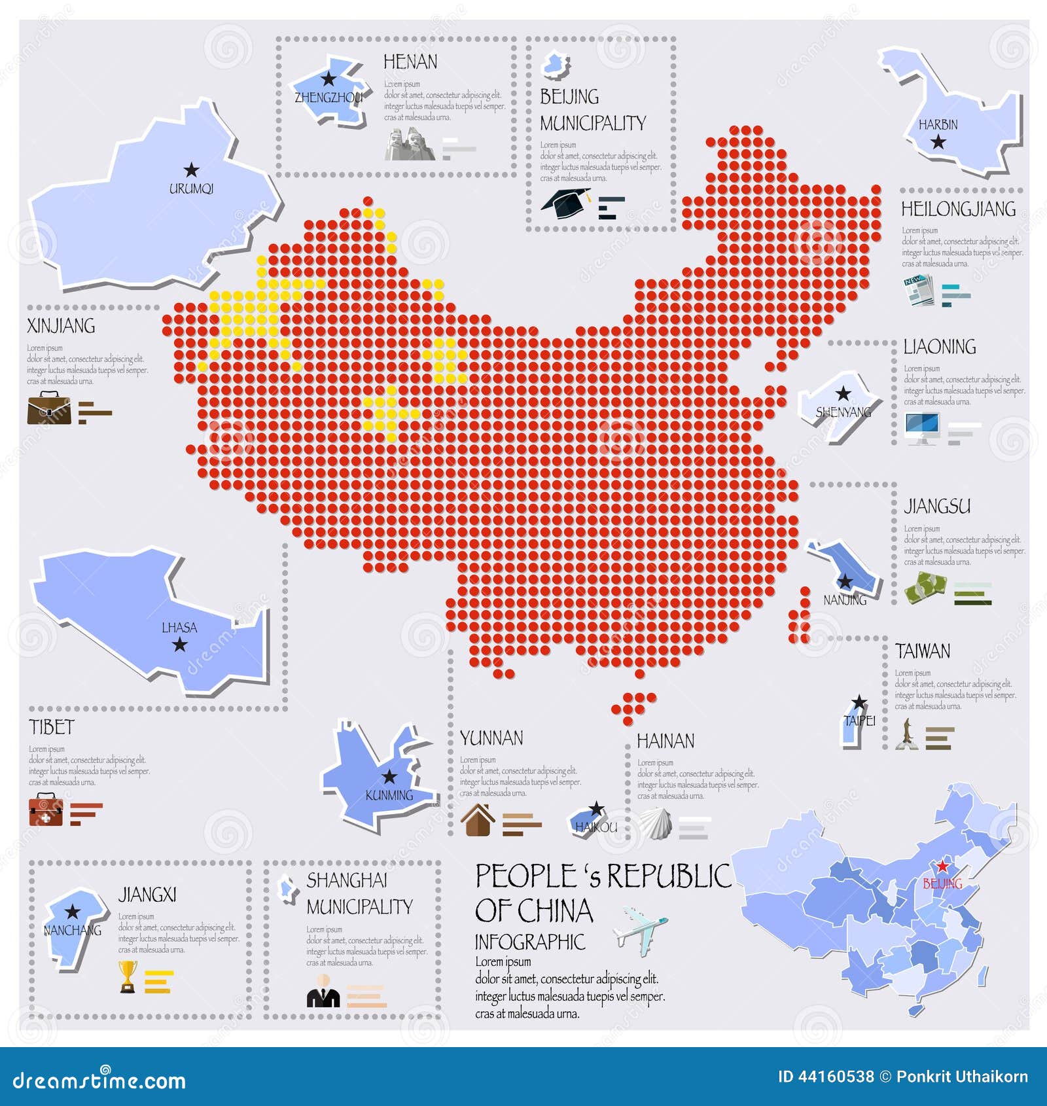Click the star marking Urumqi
[191, 170]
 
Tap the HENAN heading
[410, 62]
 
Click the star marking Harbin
[938, 141]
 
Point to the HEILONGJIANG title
[958, 209]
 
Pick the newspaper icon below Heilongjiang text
[919, 290]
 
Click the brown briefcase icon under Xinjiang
[49, 408]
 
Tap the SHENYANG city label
[843, 412]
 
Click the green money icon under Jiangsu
[925, 587]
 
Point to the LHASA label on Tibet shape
[179, 628]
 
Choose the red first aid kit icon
[45, 810]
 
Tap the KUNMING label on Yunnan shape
[389, 796]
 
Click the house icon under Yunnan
[478, 820]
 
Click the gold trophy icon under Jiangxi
[128, 976]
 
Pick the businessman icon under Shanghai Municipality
[323, 991]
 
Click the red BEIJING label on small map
[942, 883]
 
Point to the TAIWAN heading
[923, 651]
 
